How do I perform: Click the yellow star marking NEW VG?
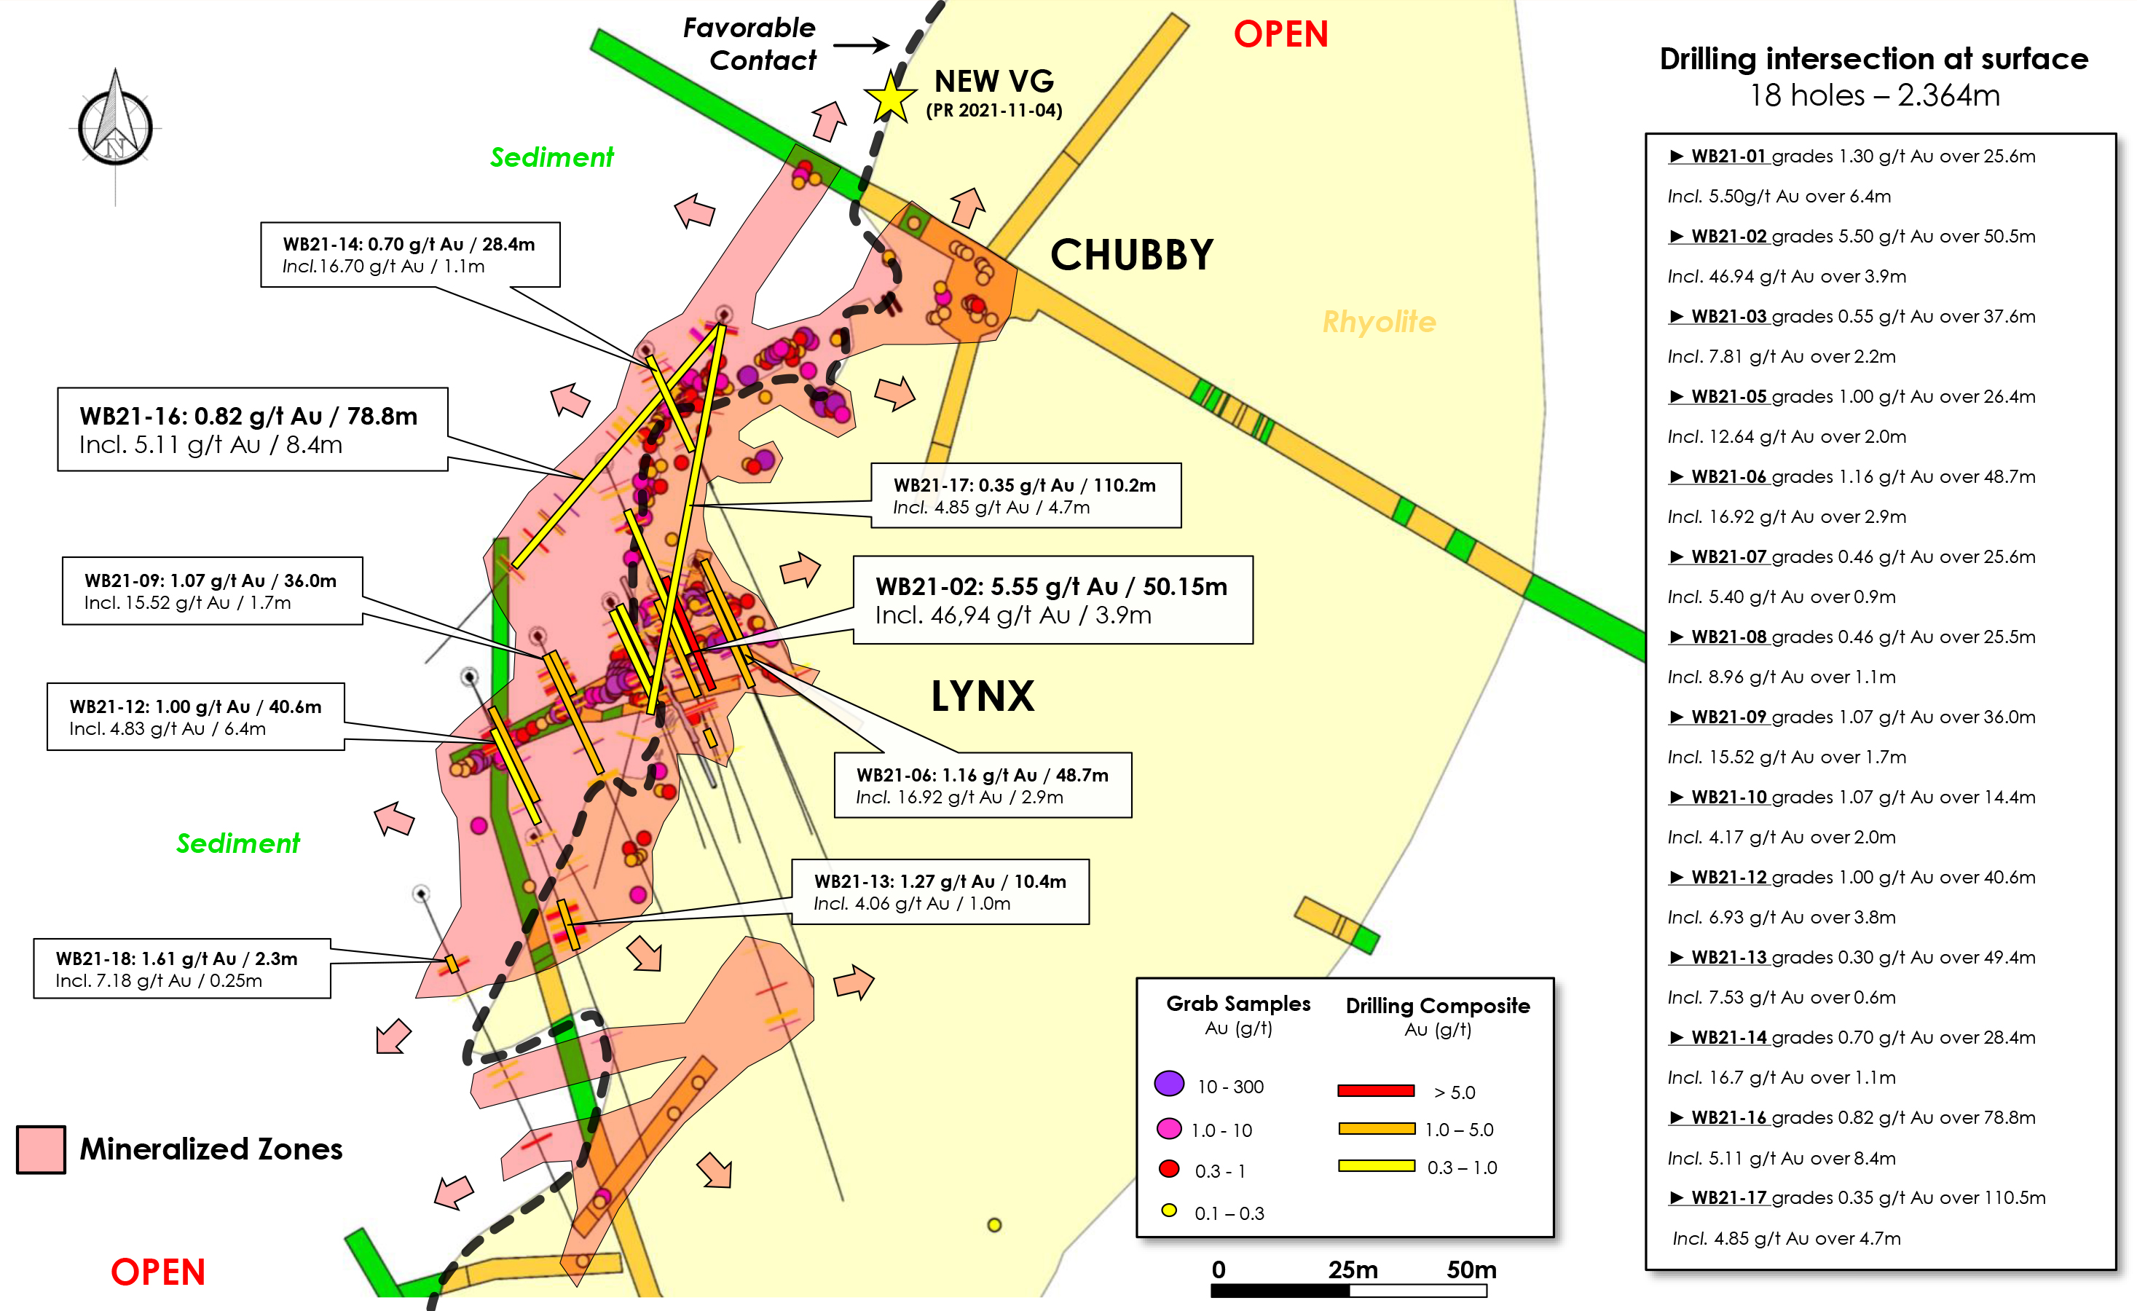pos(890,97)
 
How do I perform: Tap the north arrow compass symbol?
pos(115,127)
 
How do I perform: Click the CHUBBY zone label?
pos(1131,255)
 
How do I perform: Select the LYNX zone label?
pos(983,696)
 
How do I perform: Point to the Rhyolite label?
pos(1378,322)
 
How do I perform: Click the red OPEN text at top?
pos(1280,35)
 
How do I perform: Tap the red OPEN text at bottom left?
pos(158,1272)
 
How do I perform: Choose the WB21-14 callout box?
pos(409,255)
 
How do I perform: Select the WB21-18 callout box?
pos(181,969)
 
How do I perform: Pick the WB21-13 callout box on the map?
pos(940,891)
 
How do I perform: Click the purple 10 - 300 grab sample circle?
pos(1169,1083)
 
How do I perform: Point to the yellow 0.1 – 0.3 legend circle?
pos(1169,1210)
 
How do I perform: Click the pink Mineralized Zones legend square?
pos(41,1149)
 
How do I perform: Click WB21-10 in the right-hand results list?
pos(1728,797)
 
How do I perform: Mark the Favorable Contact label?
pos(750,44)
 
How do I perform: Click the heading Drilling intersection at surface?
pos(1873,58)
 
